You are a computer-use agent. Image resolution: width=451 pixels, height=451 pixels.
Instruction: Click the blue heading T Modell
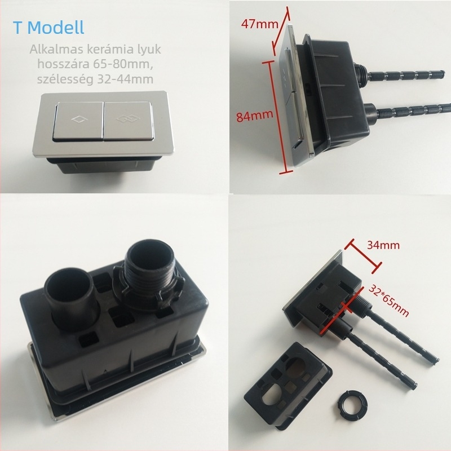[x=48, y=28]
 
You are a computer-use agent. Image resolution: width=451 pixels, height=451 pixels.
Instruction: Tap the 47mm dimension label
[x=259, y=24]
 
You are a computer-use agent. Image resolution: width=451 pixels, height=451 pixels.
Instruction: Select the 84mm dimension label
[x=255, y=116]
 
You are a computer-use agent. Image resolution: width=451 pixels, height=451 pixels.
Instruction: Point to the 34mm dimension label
[x=383, y=245]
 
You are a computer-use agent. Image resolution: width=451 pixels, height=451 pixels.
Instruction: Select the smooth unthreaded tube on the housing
[x=71, y=297]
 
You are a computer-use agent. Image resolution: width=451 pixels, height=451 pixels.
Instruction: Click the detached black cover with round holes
[x=288, y=386]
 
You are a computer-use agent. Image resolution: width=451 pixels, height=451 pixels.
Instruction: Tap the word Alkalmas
[x=54, y=50]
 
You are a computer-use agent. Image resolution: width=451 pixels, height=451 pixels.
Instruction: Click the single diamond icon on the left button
[x=78, y=119]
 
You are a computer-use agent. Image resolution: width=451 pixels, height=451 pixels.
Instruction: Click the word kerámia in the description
[x=104, y=50]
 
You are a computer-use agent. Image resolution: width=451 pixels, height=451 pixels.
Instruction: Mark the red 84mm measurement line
[x=278, y=117]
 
